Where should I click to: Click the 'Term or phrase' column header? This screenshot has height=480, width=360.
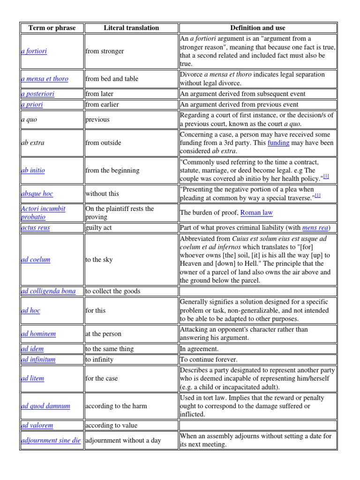click(x=52, y=28)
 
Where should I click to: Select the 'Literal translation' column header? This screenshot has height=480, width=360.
click(x=131, y=28)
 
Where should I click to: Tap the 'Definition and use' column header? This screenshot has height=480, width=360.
click(x=258, y=28)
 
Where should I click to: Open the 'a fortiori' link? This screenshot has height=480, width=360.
click(x=34, y=51)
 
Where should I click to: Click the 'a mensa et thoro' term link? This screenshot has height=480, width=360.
click(x=45, y=79)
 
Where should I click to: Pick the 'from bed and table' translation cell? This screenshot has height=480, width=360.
click(x=112, y=79)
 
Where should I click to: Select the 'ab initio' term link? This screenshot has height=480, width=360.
click(x=33, y=170)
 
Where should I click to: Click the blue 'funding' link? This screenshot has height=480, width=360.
click(x=278, y=142)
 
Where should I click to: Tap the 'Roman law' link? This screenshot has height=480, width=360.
click(x=256, y=212)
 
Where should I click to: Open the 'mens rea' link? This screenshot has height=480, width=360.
click(x=315, y=227)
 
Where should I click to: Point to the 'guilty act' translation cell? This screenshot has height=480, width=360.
click(x=98, y=227)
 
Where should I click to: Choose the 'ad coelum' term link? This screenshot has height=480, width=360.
click(x=36, y=259)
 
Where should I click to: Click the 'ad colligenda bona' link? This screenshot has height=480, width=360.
click(x=48, y=291)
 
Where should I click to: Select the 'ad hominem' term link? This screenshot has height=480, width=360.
click(x=38, y=334)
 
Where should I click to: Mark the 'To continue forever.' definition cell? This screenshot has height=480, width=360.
click(x=209, y=360)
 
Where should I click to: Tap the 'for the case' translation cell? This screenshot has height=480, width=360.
click(x=102, y=378)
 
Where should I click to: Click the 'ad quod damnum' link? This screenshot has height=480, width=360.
click(x=45, y=406)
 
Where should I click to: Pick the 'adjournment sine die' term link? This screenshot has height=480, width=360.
click(x=51, y=441)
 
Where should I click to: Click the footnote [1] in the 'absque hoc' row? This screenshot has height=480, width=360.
click(x=317, y=195)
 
